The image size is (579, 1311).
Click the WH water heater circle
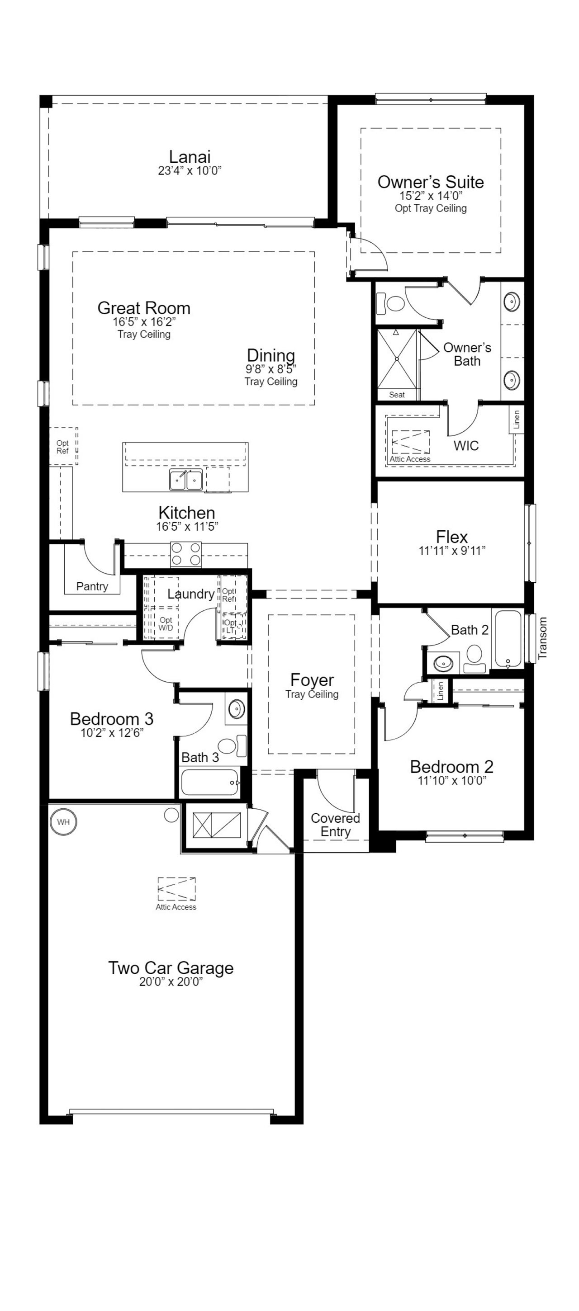click(x=64, y=822)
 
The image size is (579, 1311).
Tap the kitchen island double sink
click(x=186, y=479)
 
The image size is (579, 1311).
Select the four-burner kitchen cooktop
click(x=186, y=554)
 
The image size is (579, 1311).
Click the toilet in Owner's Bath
click(x=390, y=303)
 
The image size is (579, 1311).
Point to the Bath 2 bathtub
click(x=508, y=639)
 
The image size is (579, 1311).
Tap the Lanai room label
click(x=190, y=157)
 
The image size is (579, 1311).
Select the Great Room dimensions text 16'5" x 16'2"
click(x=144, y=321)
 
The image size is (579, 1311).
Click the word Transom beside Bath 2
click(x=542, y=638)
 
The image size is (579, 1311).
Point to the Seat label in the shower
click(x=397, y=394)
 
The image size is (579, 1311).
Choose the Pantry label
click(x=92, y=586)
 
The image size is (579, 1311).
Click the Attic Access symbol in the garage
click(x=176, y=890)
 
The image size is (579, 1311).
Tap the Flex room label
click(x=452, y=537)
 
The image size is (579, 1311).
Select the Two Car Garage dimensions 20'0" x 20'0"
click(x=171, y=982)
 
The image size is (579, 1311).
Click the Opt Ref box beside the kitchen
click(x=63, y=446)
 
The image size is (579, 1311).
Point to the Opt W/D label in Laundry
click(x=166, y=624)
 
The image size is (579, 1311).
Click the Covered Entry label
click(x=336, y=825)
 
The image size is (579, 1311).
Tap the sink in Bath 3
click(x=236, y=708)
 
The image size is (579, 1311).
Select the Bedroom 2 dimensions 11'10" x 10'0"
click(x=452, y=781)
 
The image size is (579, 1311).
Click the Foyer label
click(x=312, y=680)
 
